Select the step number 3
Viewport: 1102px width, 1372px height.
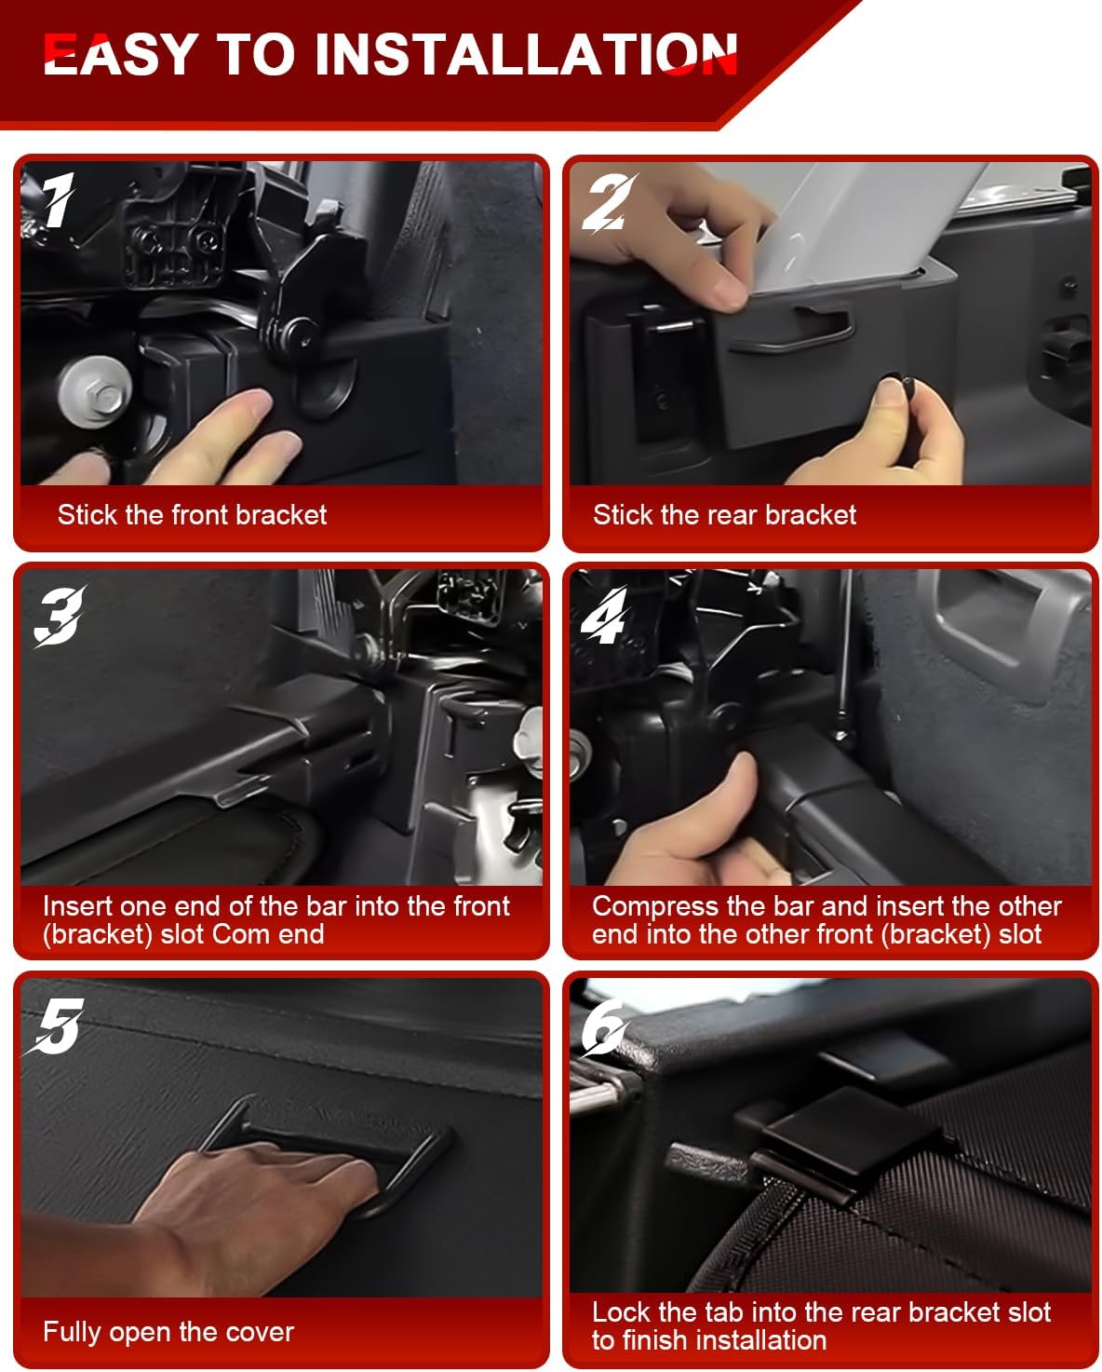click(59, 615)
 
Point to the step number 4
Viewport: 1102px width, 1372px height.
click(603, 615)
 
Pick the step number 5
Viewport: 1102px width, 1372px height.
click(56, 1026)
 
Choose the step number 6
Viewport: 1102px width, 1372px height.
click(604, 1026)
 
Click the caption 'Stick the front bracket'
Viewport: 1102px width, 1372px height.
click(192, 514)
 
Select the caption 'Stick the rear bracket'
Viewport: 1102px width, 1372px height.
click(724, 514)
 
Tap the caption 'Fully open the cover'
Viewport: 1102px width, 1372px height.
click(168, 1333)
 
